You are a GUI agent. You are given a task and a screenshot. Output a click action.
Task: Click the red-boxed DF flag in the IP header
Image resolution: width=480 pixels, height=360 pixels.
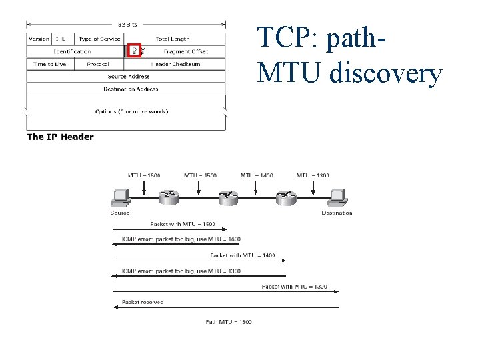135,51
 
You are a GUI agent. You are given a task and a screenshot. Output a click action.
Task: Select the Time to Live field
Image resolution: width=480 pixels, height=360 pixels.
49,64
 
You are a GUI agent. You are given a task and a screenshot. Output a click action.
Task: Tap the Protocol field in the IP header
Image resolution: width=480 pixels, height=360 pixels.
97,64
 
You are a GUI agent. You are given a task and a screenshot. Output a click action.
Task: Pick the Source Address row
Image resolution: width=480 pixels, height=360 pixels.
126,76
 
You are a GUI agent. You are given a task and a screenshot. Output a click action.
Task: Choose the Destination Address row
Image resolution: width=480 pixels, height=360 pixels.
126,89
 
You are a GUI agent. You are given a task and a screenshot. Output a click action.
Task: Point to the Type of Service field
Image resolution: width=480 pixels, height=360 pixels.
100,39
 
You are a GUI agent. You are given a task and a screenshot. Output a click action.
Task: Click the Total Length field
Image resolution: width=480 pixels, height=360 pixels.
172,39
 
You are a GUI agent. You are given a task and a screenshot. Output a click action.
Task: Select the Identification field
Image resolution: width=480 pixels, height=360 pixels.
73,51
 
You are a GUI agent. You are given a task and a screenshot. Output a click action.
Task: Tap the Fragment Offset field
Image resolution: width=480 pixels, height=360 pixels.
185,51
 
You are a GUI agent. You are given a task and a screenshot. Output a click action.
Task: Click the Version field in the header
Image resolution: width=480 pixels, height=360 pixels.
39,39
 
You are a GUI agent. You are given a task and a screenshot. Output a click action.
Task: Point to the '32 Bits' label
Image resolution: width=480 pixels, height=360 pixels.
128,25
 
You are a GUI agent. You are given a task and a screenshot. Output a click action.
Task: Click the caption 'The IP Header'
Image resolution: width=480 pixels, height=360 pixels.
60,137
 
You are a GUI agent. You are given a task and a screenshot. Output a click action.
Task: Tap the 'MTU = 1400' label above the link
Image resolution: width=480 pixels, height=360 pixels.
256,175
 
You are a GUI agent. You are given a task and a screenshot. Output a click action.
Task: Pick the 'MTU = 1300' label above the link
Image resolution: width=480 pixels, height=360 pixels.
312,175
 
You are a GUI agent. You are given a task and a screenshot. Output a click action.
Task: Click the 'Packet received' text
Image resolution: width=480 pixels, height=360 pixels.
143,302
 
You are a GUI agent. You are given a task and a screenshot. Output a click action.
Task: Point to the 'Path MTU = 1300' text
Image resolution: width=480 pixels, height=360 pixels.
228,322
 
